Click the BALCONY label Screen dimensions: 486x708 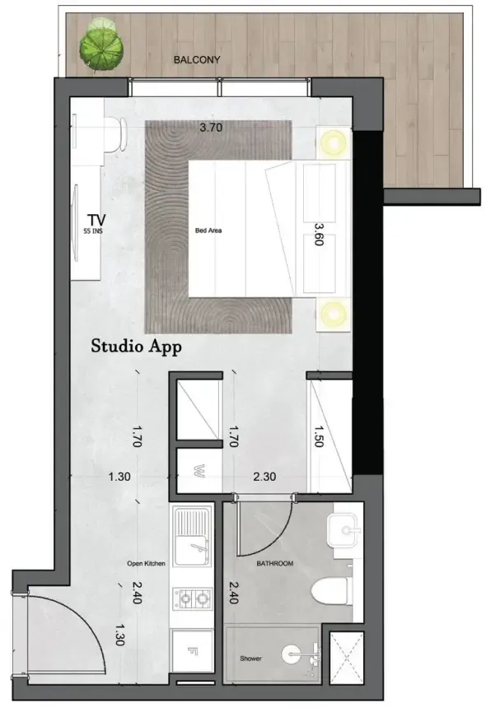coord(197,59)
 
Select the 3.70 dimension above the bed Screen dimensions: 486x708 coord(211,128)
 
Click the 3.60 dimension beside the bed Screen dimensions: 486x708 coord(319,234)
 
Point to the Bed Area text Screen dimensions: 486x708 coord(208,231)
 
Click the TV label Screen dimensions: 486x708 coord(96,220)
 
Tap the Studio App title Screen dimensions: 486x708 coord(137,347)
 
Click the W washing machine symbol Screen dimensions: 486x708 coord(199,471)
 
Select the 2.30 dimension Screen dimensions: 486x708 coord(264,477)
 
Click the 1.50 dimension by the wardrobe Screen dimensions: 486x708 coord(319,436)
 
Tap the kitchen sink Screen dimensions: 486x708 coord(193,536)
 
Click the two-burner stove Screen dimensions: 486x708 coord(193,599)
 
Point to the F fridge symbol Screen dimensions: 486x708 coord(193,650)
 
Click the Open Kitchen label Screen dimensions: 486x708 coord(146,563)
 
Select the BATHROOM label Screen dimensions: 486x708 coord(274,563)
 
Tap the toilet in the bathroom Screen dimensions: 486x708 coord(332,591)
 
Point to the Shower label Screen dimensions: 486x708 coord(250,659)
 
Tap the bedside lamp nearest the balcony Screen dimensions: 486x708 coord(334,142)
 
